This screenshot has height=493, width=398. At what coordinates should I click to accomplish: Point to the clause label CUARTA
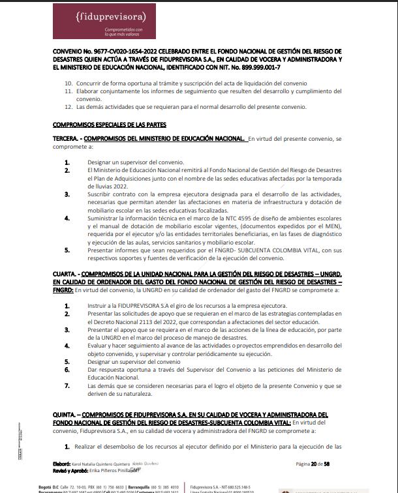coord(65,274)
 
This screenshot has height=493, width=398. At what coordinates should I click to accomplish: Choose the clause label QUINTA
coord(65,413)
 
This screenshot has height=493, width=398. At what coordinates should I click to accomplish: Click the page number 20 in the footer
coord(314,464)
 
